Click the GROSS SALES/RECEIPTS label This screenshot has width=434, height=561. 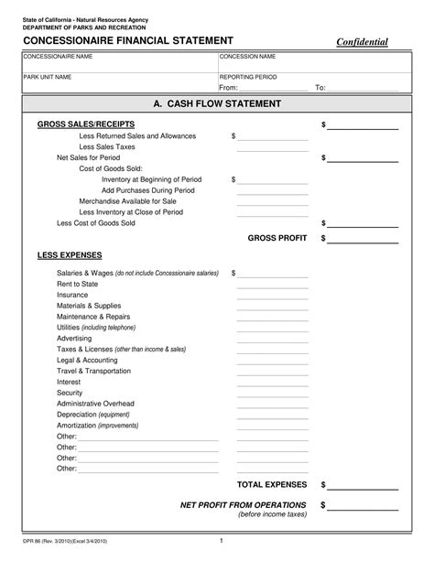point(86,124)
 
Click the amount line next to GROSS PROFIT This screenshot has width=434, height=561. point(363,240)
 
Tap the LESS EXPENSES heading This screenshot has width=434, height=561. point(70,254)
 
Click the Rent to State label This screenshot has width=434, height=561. point(78,284)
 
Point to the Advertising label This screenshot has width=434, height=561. point(75,338)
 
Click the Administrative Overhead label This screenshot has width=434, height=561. point(95,404)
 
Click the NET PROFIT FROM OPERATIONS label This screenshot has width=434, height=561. point(243,505)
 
